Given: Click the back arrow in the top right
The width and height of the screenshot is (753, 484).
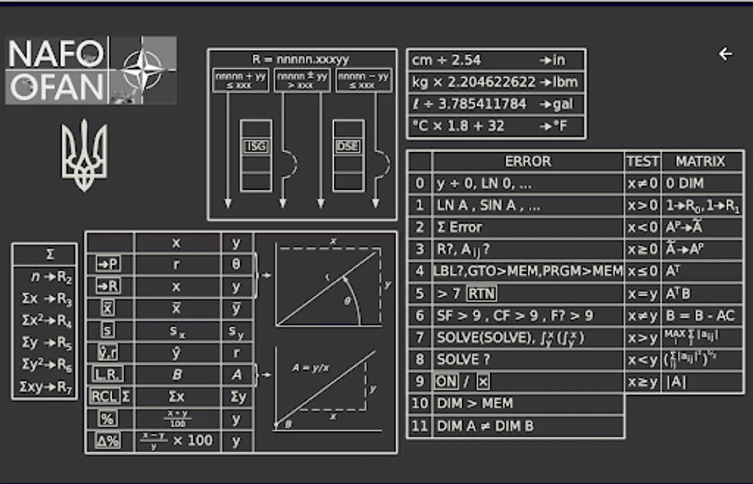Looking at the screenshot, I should click(726, 54).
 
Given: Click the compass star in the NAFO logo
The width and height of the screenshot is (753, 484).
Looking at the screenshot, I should click(142, 69).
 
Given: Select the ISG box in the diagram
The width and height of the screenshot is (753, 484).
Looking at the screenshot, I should click(256, 146).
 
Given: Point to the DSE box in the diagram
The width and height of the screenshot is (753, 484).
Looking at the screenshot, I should click(348, 146).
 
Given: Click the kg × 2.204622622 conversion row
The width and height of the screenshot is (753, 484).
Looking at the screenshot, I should click(495, 82).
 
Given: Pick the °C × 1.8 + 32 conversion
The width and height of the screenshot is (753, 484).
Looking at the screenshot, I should click(495, 126).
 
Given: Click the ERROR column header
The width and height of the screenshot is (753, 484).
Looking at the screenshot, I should click(528, 161).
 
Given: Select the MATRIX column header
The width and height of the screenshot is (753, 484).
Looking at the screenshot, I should click(700, 161).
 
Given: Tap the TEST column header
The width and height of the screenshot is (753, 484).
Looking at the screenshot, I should click(642, 161).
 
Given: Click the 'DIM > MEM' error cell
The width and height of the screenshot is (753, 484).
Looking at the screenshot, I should click(475, 403).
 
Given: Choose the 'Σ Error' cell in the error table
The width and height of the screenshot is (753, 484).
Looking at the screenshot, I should click(460, 227).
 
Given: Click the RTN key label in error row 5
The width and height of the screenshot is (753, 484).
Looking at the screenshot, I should click(482, 294).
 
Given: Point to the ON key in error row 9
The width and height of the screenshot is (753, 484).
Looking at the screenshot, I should click(446, 381).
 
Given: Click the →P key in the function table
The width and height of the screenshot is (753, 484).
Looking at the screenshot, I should click(108, 264).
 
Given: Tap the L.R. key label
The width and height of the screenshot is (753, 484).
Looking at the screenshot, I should click(107, 374).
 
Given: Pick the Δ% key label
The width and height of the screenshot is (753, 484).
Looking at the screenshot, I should click(107, 441).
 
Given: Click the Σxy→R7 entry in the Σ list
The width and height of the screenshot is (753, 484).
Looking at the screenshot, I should click(46, 387).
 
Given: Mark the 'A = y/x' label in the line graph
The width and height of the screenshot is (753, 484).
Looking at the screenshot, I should click(311, 368).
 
